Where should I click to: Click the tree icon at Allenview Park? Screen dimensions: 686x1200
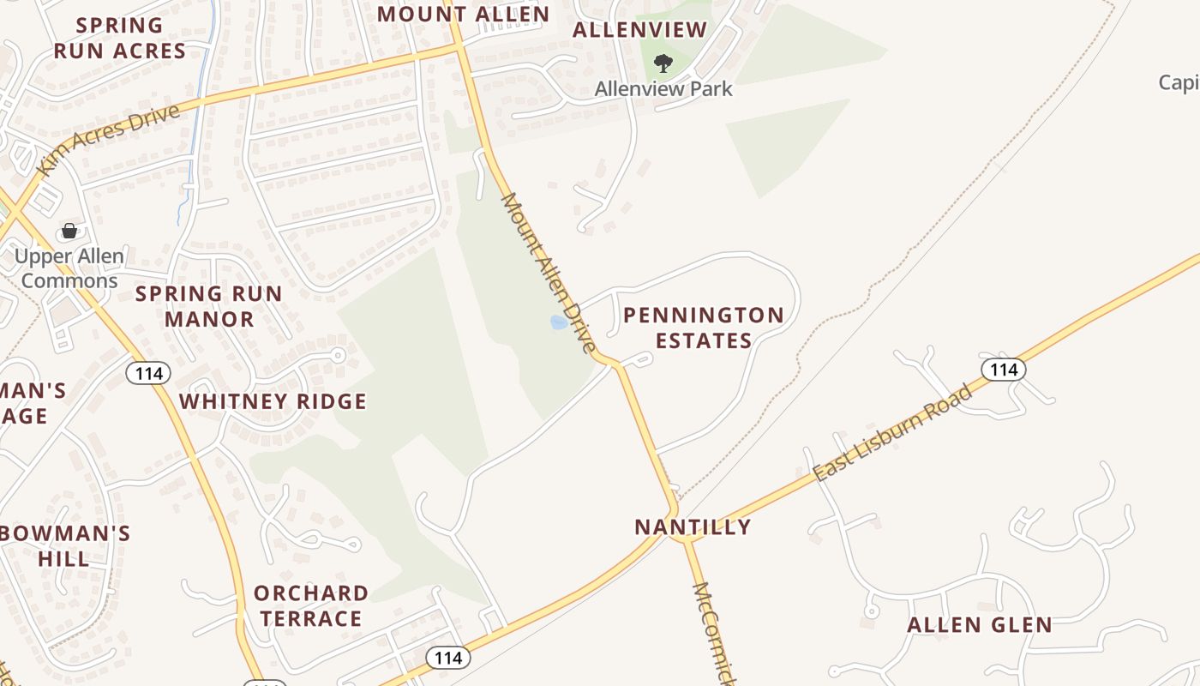tap(663, 63)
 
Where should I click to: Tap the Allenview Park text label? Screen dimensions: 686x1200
tap(663, 88)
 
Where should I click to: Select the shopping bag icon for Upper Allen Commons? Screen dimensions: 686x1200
tap(69, 231)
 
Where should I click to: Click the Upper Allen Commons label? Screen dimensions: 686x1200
tap(69, 268)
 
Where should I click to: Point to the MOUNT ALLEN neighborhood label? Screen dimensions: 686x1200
tap(463, 14)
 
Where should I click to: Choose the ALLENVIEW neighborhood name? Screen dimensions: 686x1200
tap(639, 30)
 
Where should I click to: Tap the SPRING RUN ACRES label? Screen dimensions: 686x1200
tap(119, 39)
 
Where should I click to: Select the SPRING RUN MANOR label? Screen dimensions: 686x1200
tap(209, 306)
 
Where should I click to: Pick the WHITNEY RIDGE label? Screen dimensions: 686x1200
tap(273, 401)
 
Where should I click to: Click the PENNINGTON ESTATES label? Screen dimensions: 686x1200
tap(704, 328)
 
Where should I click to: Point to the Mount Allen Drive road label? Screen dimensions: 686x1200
tap(549, 273)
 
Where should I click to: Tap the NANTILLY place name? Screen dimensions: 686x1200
tap(693, 527)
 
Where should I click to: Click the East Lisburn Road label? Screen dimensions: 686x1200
tap(892, 432)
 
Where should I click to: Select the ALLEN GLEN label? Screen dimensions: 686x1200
tap(980, 625)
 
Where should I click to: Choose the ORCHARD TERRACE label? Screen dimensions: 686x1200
tap(311, 605)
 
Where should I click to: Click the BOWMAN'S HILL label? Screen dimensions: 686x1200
tap(64, 546)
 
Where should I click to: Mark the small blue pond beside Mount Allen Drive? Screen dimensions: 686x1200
tap(559, 322)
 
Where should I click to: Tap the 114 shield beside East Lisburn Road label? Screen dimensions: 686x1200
tap(1003, 370)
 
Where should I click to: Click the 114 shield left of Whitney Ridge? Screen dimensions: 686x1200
tap(148, 373)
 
